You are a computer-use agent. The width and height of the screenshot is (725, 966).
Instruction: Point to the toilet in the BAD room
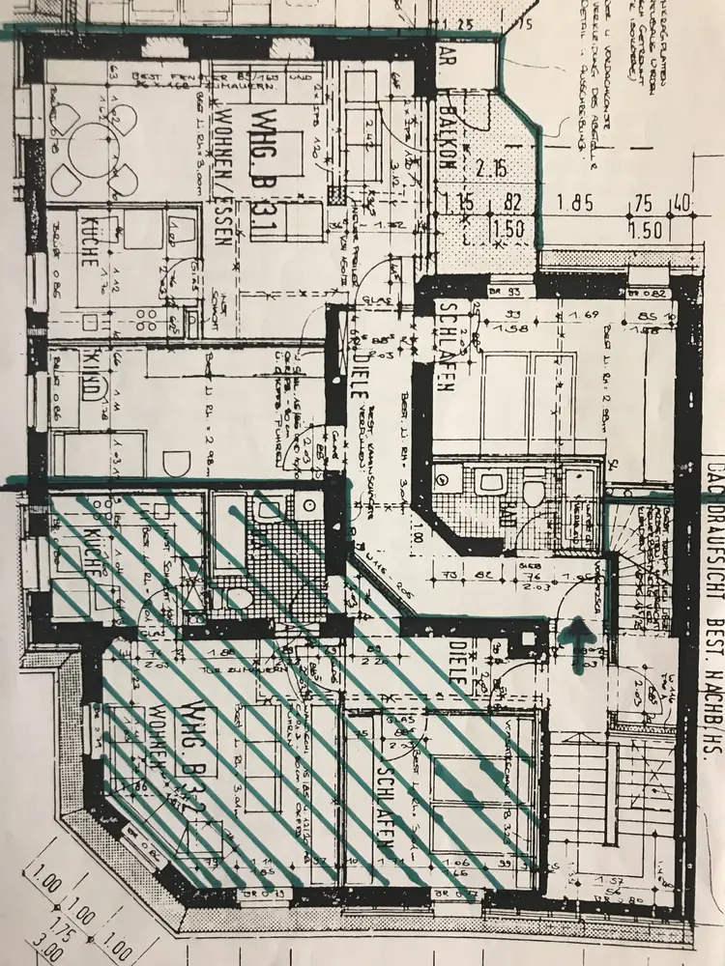pos(533,491)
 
